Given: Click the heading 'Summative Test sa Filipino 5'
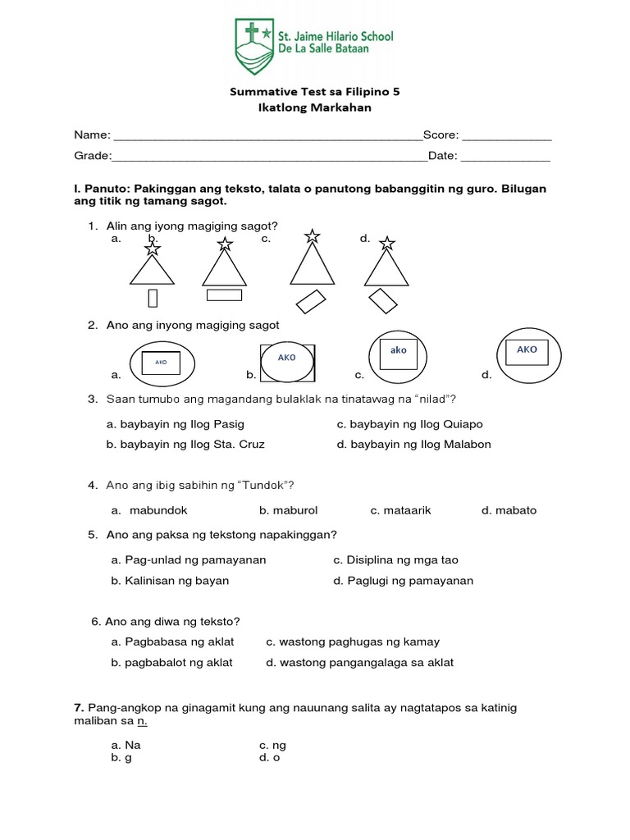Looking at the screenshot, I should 314,92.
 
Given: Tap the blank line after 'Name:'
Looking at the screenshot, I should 267,135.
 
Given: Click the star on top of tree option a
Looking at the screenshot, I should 153,247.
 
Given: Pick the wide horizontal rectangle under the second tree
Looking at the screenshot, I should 224,294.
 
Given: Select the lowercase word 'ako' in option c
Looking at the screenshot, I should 399,350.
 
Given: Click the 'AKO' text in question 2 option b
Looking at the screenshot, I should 286,358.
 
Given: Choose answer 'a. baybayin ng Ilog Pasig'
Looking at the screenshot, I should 176,424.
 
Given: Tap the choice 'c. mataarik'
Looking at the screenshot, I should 400,510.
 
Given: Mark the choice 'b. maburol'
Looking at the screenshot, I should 287,510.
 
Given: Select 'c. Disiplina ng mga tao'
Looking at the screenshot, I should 395,560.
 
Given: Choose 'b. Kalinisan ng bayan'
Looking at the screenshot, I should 170,580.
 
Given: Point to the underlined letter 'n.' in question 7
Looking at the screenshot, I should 142,721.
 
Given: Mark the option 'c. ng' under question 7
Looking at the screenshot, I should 272,745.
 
